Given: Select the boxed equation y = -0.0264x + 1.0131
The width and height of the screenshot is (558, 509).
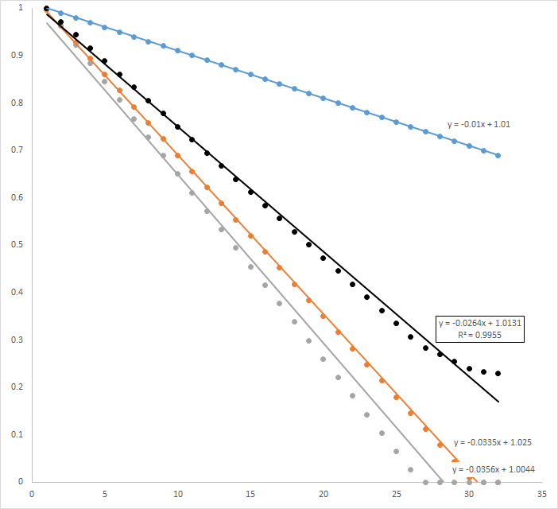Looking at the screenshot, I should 480,323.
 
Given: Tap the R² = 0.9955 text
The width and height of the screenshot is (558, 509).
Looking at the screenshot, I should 480,335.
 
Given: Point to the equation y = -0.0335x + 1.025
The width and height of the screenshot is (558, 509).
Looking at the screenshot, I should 492,441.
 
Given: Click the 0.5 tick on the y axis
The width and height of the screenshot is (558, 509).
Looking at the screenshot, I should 18,245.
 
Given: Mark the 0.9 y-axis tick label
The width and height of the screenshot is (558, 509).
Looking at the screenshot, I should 18,56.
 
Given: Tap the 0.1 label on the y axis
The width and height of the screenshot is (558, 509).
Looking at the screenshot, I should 18,434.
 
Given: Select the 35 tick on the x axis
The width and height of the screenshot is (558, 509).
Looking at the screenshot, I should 542,494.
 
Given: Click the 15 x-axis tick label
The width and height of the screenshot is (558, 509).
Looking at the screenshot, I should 250,494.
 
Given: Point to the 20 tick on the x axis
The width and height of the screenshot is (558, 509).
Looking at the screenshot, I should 324,494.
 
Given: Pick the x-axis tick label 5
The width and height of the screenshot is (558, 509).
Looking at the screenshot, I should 104,494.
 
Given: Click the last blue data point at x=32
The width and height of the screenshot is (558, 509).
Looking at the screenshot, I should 498,155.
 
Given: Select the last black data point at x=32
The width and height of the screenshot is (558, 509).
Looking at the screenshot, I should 498,373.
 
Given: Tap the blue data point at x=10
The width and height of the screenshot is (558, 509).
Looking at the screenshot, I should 177,51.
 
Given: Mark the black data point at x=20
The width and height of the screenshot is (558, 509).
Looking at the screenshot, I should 324,258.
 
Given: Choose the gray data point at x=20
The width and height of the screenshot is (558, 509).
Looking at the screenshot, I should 324,359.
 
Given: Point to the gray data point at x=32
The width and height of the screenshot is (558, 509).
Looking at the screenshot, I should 498,482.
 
